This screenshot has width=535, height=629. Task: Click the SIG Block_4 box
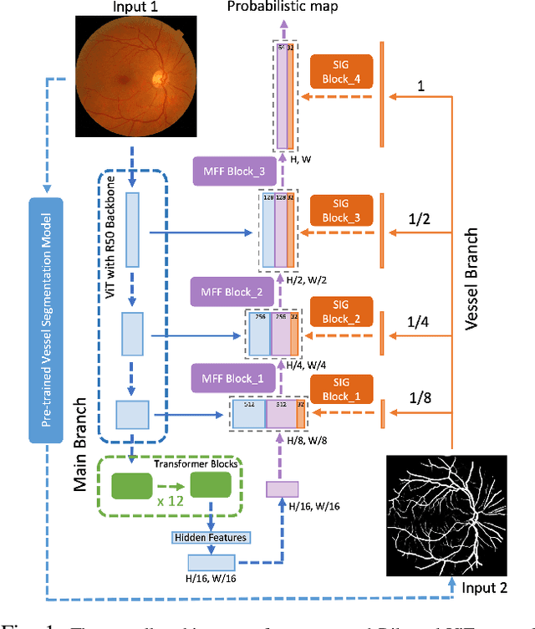342,73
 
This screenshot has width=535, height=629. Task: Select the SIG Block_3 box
342,211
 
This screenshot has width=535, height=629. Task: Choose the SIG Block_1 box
342,389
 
